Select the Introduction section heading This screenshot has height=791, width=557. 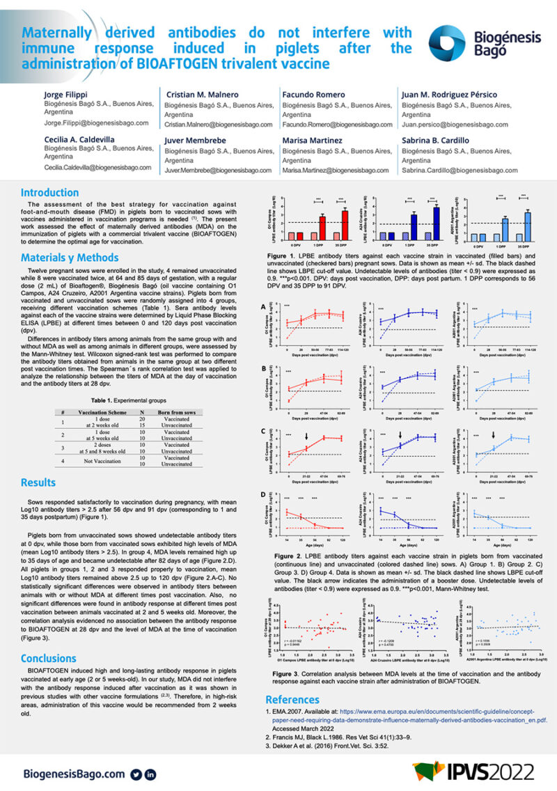click(x=49, y=193)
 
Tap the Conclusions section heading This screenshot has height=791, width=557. click(x=48, y=658)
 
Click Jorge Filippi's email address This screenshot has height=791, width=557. click(x=91, y=123)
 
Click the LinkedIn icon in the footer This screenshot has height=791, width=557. click(x=150, y=774)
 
